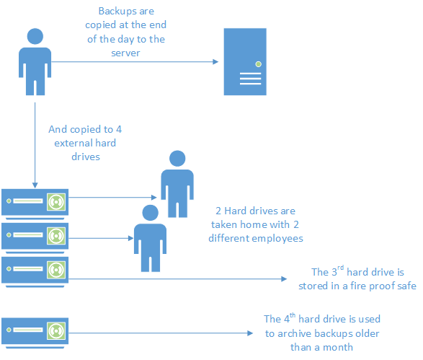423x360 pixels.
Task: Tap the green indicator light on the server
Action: (257, 65)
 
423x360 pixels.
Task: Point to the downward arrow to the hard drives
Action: (35, 144)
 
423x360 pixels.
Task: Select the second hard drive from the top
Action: (35, 235)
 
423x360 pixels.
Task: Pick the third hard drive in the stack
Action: (35, 268)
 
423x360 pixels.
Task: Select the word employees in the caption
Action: (280, 237)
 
